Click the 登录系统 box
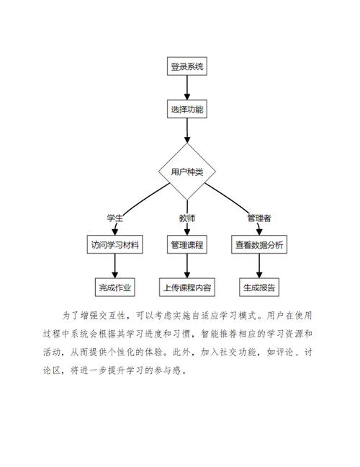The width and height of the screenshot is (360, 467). pyautogui.click(x=187, y=67)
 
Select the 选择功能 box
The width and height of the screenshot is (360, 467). pyautogui.click(x=187, y=110)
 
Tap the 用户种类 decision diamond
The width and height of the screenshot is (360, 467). pyautogui.click(x=187, y=172)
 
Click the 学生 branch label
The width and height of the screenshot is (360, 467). pyautogui.click(x=114, y=218)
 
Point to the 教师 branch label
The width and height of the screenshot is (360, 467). pyautogui.click(x=187, y=218)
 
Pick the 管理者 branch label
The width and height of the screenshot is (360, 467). pyautogui.click(x=258, y=218)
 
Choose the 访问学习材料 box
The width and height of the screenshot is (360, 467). pyautogui.click(x=114, y=245)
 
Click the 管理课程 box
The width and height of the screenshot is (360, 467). pyautogui.click(x=187, y=245)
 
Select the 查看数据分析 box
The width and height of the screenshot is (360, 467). pyautogui.click(x=258, y=245)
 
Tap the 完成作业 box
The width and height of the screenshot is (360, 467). pyautogui.click(x=114, y=287)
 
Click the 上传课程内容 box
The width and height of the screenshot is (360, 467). pyautogui.click(x=187, y=287)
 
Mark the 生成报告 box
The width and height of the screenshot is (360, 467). pyautogui.click(x=258, y=287)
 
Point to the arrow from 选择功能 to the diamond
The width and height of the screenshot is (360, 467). pyautogui.click(x=187, y=131)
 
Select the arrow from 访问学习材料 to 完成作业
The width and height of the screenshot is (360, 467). pyautogui.click(x=114, y=266)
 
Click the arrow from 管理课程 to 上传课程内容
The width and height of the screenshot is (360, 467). pyautogui.click(x=187, y=266)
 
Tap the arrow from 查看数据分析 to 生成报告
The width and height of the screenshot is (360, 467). pyautogui.click(x=258, y=266)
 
